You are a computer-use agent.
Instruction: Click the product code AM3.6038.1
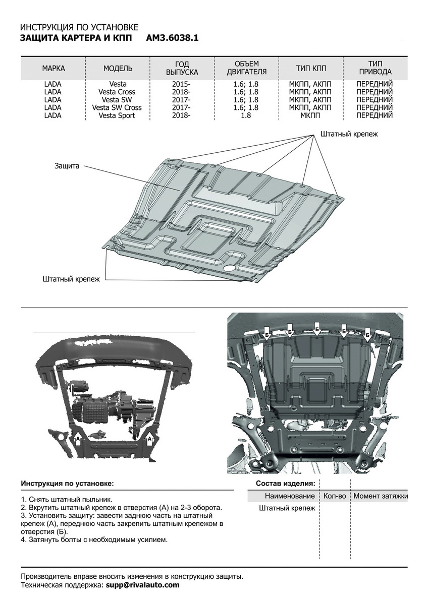(172, 37)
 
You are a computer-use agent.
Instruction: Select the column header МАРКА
(53, 68)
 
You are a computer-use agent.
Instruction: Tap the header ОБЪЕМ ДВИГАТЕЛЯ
(247, 68)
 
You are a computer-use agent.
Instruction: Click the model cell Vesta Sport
(117, 115)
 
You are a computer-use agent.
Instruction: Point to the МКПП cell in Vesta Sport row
(310, 115)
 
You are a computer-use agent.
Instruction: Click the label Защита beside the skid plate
(67, 166)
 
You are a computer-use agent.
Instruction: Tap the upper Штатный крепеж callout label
(349, 134)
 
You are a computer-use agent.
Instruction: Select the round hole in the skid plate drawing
(230, 268)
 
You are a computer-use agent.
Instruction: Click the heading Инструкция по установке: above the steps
(67, 483)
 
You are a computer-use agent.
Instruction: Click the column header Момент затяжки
(380, 496)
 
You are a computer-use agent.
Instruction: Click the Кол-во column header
(335, 496)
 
